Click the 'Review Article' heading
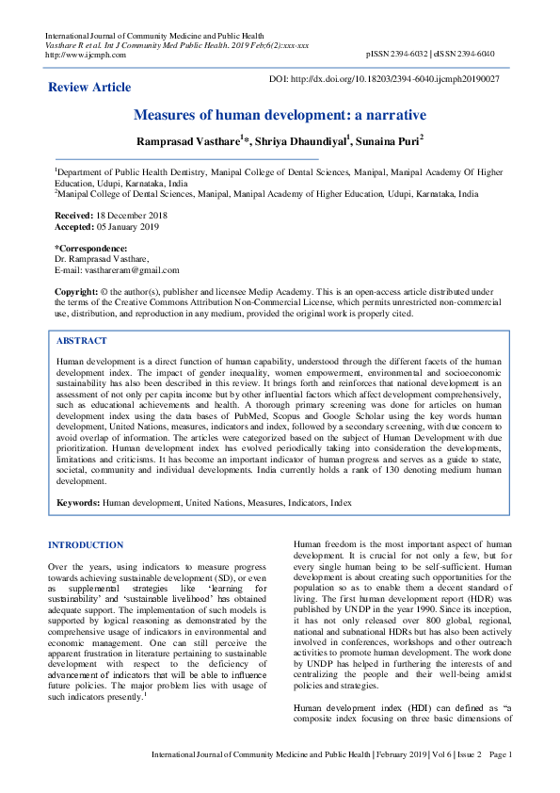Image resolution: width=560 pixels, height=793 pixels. click(x=90, y=88)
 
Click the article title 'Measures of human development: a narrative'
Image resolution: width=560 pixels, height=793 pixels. click(x=280, y=115)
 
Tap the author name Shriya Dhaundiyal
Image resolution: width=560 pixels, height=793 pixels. click(x=303, y=141)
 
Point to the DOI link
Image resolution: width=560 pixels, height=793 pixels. click(x=385, y=79)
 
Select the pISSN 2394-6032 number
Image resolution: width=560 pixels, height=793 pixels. click(x=406, y=55)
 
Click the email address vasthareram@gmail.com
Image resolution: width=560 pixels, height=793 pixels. click(x=132, y=269)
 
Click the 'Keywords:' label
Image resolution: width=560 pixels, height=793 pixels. click(x=78, y=504)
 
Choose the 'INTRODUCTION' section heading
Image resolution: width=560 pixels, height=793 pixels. click(x=86, y=545)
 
